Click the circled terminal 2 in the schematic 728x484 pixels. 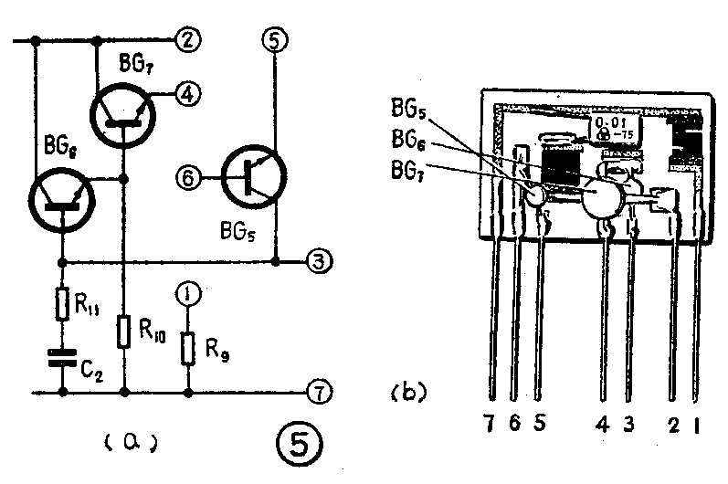pos(188,39)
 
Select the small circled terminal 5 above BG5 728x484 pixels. pos(275,39)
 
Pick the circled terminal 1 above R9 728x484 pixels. pos(187,296)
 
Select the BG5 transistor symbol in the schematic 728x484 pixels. pos(255,176)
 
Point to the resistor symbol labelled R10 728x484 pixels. pos(123,331)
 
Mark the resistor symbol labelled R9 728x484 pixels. pos(187,347)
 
